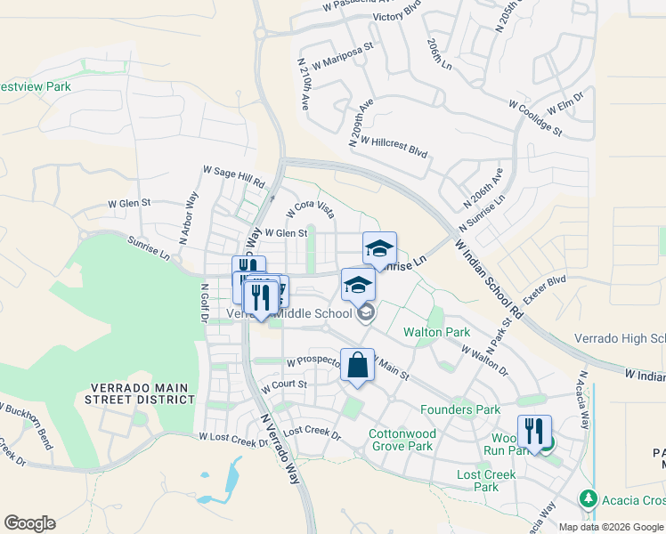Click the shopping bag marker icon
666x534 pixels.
357,365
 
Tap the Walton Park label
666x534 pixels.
436,332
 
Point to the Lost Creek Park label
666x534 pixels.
486,481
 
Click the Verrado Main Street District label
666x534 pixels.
142,393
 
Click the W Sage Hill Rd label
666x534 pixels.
235,175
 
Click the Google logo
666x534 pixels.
29,523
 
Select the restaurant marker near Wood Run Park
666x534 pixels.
534,432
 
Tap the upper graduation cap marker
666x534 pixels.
379,248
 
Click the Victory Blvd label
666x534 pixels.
397,16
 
